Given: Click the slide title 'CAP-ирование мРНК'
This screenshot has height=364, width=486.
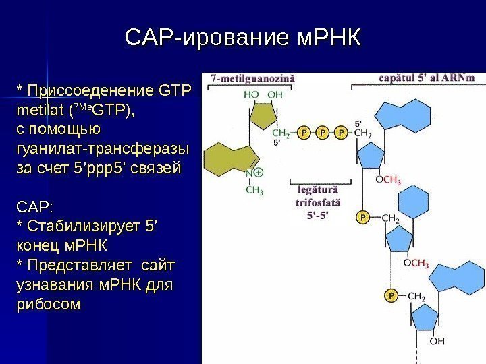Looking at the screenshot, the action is (x=243, y=37).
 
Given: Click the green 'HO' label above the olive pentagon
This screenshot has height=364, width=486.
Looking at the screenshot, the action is (x=251, y=95).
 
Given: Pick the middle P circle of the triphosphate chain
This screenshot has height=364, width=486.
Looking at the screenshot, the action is (x=323, y=133).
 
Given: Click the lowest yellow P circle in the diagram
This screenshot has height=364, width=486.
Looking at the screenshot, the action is (x=390, y=295).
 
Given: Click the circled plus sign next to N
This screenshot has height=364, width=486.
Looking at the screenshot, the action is (x=259, y=173).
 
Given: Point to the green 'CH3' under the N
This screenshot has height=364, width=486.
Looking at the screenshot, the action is (x=254, y=190).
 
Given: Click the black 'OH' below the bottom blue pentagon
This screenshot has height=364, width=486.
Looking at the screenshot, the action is (x=437, y=340).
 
